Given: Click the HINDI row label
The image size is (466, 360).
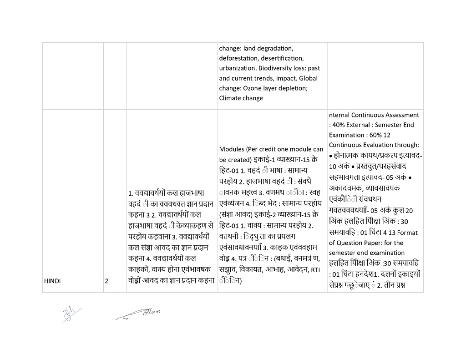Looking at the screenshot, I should point(52,281).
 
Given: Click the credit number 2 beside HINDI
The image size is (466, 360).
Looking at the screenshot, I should point(106,281).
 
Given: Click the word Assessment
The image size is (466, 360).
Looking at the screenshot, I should point(402,115).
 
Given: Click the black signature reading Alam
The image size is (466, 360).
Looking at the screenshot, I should point(139,314).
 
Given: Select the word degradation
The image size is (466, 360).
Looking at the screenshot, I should point(275,48).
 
